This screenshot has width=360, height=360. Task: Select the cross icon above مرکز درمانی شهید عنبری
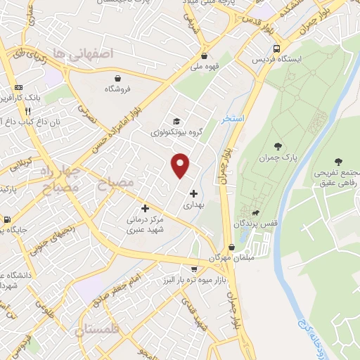click(x=146, y=208)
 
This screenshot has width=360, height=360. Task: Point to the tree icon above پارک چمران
click(x=278, y=146)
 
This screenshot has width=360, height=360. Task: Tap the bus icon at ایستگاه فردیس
click(x=277, y=49)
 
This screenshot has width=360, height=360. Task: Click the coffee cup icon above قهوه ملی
click(x=204, y=56)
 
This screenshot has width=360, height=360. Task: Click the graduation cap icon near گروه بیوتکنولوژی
click(x=176, y=121)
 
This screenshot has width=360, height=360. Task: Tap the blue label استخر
click(x=233, y=119)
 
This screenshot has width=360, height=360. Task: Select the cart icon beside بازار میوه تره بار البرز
click(x=194, y=269)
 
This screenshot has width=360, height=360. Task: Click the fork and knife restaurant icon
click(x=28, y=110)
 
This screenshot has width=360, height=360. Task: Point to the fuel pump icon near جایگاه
click(x=6, y=219)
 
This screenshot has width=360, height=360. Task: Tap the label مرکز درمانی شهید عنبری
click(x=146, y=225)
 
